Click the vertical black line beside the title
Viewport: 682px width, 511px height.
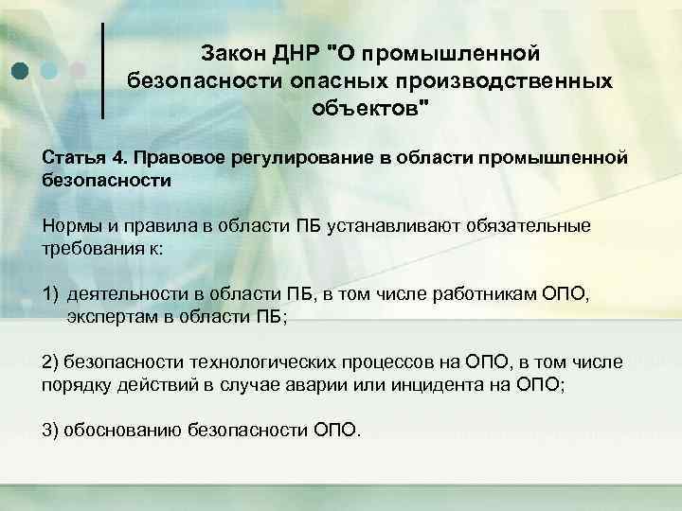pyautogui.click(x=102, y=70)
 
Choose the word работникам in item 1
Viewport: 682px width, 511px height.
pyautogui.click(x=479, y=294)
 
